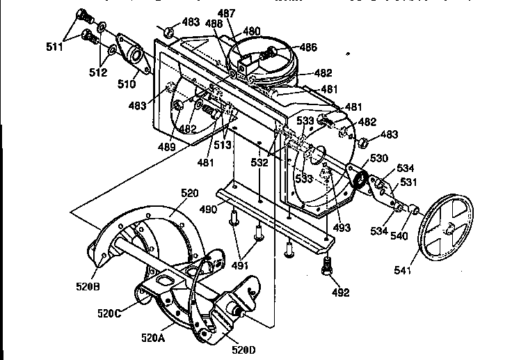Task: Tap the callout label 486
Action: coord(308,47)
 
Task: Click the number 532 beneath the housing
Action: coord(259,163)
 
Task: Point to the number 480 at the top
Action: coord(251,31)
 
